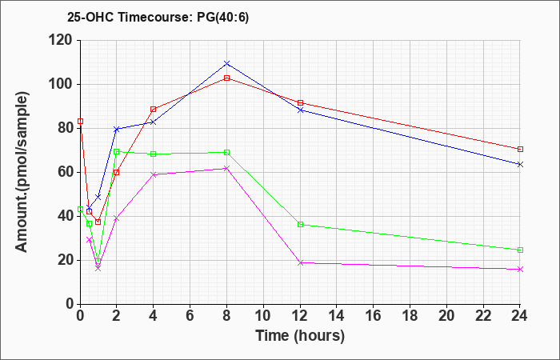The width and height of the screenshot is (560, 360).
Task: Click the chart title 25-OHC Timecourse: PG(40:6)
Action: click(158, 17)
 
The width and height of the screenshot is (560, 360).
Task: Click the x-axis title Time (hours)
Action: click(300, 336)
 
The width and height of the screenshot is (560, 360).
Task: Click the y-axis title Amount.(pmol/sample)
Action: click(22, 173)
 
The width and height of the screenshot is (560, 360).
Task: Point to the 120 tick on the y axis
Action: click(62, 40)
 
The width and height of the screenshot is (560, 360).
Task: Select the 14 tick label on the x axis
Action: click(337, 315)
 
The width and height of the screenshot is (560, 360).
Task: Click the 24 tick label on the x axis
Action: click(520, 315)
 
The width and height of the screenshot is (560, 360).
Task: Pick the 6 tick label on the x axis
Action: click(190, 315)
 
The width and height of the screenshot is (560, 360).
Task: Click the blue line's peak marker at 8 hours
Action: click(226, 63)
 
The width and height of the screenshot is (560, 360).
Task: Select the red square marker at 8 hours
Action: click(226, 78)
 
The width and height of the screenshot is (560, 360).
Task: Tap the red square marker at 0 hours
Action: click(80, 121)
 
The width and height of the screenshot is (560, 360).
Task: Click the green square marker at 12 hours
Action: click(300, 224)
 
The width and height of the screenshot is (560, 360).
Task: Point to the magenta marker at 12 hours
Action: click(300, 262)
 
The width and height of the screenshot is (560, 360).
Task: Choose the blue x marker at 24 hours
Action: click(520, 164)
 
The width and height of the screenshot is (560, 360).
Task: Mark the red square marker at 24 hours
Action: click(520, 149)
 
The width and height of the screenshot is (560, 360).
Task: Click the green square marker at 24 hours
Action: click(520, 250)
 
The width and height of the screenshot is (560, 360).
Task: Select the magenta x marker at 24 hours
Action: click(520, 270)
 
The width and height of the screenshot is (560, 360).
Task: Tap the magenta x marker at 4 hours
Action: click(154, 174)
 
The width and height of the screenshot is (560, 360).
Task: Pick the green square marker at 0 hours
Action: click(80, 209)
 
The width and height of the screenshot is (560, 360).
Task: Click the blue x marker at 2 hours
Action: click(117, 130)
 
